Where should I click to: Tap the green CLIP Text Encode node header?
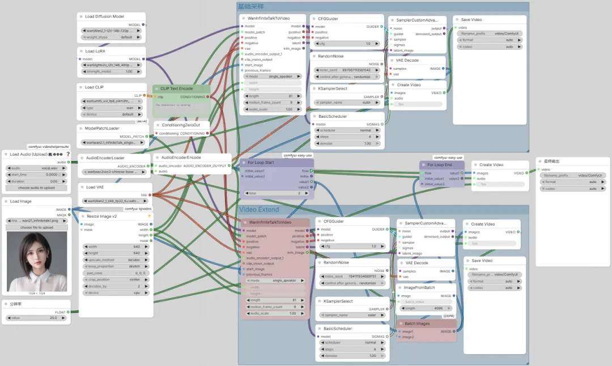[177, 88]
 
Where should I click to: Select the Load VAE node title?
[95, 186]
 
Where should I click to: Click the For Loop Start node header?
[261, 162]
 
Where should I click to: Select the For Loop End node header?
[439, 164]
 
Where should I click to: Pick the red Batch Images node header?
[417, 324]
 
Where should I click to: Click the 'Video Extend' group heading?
[258, 210]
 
